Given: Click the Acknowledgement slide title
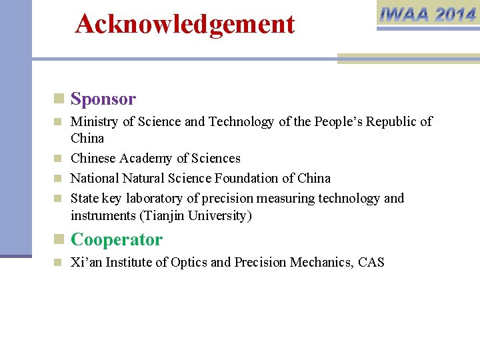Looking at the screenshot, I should [185, 24].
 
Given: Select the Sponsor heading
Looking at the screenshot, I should [103, 99].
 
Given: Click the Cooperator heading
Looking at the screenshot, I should [117, 239].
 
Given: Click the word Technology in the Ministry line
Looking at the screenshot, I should [241, 122].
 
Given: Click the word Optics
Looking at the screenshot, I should [189, 263].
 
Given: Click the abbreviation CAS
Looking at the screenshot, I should [371, 263].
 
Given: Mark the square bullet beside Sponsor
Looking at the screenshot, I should [59, 99].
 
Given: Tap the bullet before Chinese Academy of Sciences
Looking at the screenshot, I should [59, 159].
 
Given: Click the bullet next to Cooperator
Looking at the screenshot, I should [59, 239].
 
